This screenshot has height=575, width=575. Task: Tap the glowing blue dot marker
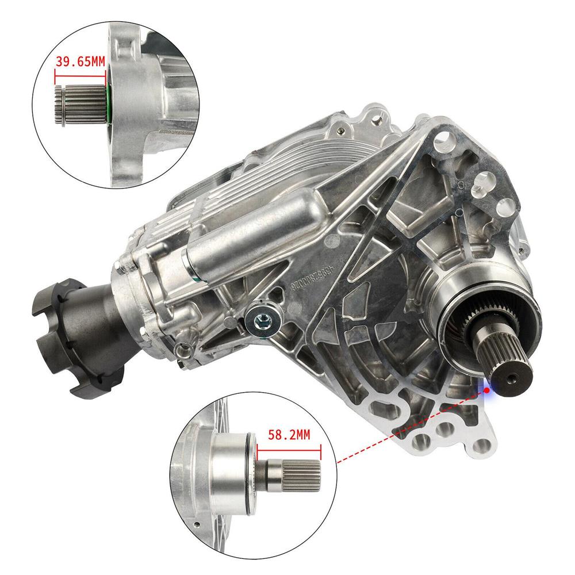487,389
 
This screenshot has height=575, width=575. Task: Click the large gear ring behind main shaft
460,322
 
